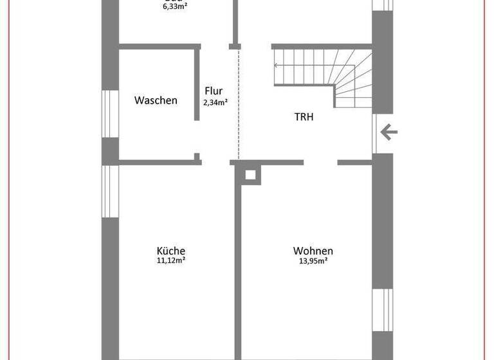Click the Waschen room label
pyautogui.click(x=156, y=100)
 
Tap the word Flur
pyautogui.click(x=214, y=91)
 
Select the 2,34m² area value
pyautogui.click(x=214, y=102)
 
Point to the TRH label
pyautogui.click(x=304, y=117)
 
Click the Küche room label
pyautogui.click(x=171, y=251)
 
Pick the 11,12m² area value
pyautogui.click(x=171, y=261)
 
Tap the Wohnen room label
pyautogui.click(x=313, y=251)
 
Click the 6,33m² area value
pyautogui.click(x=174, y=7)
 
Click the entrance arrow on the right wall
pyautogui.click(x=389, y=133)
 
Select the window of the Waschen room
pyautogui.click(x=111, y=114)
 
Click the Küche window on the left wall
pyautogui.click(x=111, y=191)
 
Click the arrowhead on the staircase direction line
pyautogui.click(x=277, y=65)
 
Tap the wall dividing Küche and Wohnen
pyautogui.click(x=238, y=270)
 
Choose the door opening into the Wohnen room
pyautogui.click(x=320, y=162)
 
